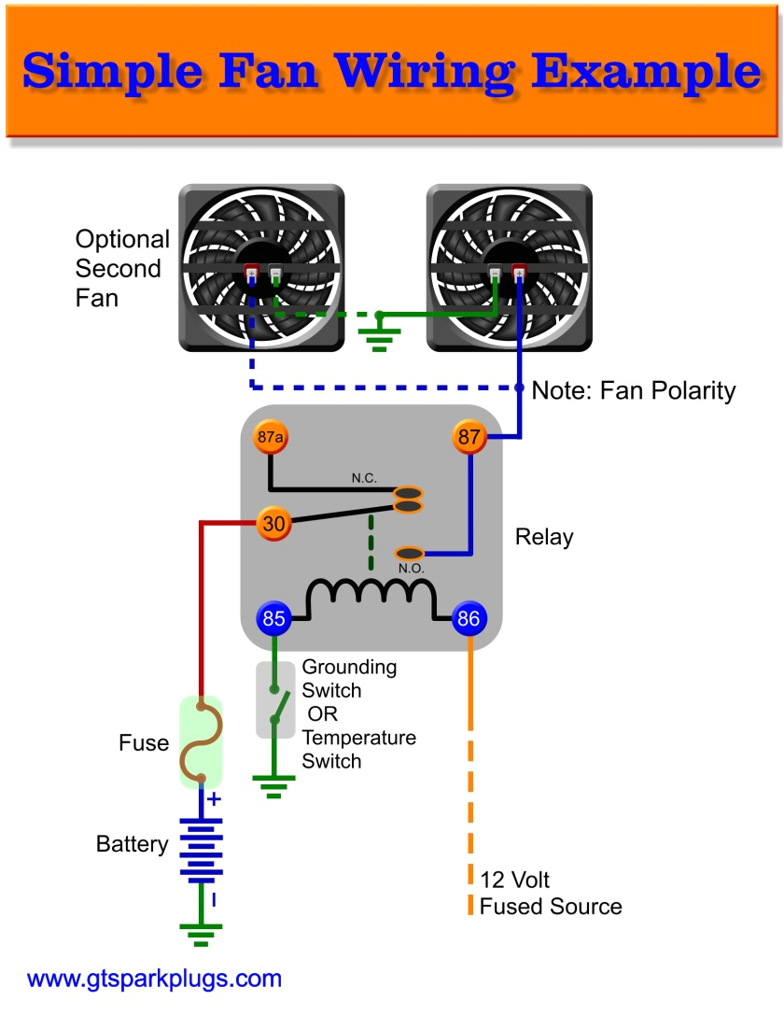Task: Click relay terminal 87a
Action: click(270, 437)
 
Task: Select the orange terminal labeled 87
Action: click(469, 437)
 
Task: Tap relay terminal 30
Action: click(273, 525)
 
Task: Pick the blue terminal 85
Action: click(273, 618)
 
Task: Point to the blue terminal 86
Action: click(469, 618)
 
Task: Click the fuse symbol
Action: click(201, 742)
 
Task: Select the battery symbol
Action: click(201, 850)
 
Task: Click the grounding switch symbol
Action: click(275, 700)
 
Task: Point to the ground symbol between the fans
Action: click(379, 334)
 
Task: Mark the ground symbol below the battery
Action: click(201, 933)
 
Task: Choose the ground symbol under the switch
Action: click(274, 790)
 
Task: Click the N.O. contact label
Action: click(411, 569)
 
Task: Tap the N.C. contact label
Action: click(364, 477)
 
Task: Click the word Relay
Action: click(544, 538)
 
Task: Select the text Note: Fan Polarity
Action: click(633, 390)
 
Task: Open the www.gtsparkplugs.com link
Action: click(154, 979)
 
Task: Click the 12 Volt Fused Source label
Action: click(550, 893)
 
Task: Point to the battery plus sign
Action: click(214, 799)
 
